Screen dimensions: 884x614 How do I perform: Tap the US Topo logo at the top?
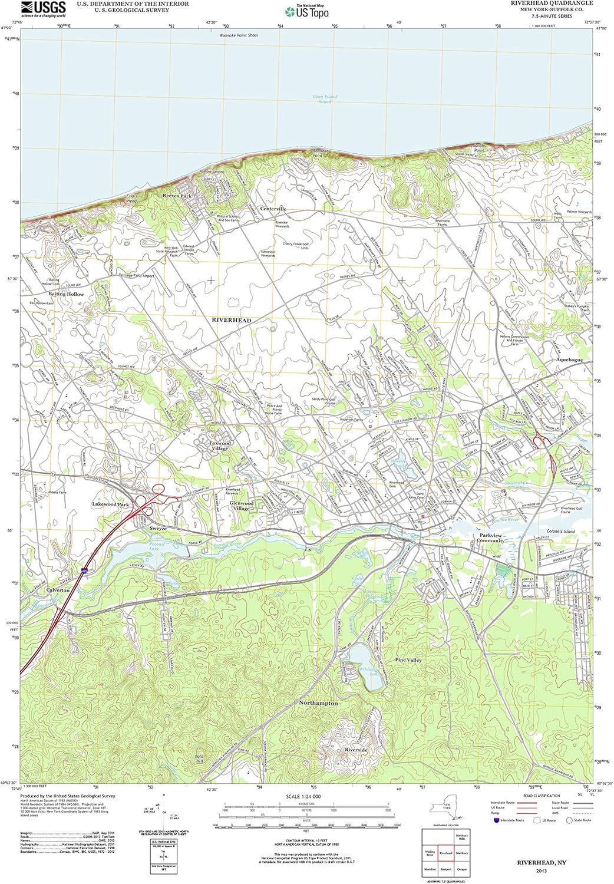pyautogui.click(x=307, y=11)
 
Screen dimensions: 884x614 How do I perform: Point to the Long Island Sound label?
pyautogui.click(x=325, y=99)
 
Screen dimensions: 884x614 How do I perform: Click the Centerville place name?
pyautogui.click(x=273, y=209)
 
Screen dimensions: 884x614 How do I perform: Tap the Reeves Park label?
pyautogui.click(x=177, y=196)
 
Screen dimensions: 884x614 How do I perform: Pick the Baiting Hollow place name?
pyautogui.click(x=66, y=294)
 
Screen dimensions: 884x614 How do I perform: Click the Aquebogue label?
pyautogui.click(x=569, y=359)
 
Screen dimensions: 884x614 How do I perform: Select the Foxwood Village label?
pyautogui.click(x=220, y=446)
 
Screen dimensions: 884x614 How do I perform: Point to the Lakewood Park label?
pyautogui.click(x=110, y=504)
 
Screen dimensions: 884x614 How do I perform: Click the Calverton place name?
pyautogui.click(x=58, y=590)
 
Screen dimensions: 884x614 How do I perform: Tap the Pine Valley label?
pyautogui.click(x=408, y=660)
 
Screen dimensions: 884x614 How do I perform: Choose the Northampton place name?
pyautogui.click(x=318, y=703)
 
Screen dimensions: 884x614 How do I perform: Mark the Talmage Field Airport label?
pyautogui.click(x=136, y=275)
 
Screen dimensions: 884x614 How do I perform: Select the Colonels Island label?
pyautogui.click(x=560, y=531)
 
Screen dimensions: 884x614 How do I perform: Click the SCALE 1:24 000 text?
pyautogui.click(x=303, y=797)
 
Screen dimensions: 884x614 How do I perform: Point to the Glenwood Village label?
pyautogui.click(x=242, y=506)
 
